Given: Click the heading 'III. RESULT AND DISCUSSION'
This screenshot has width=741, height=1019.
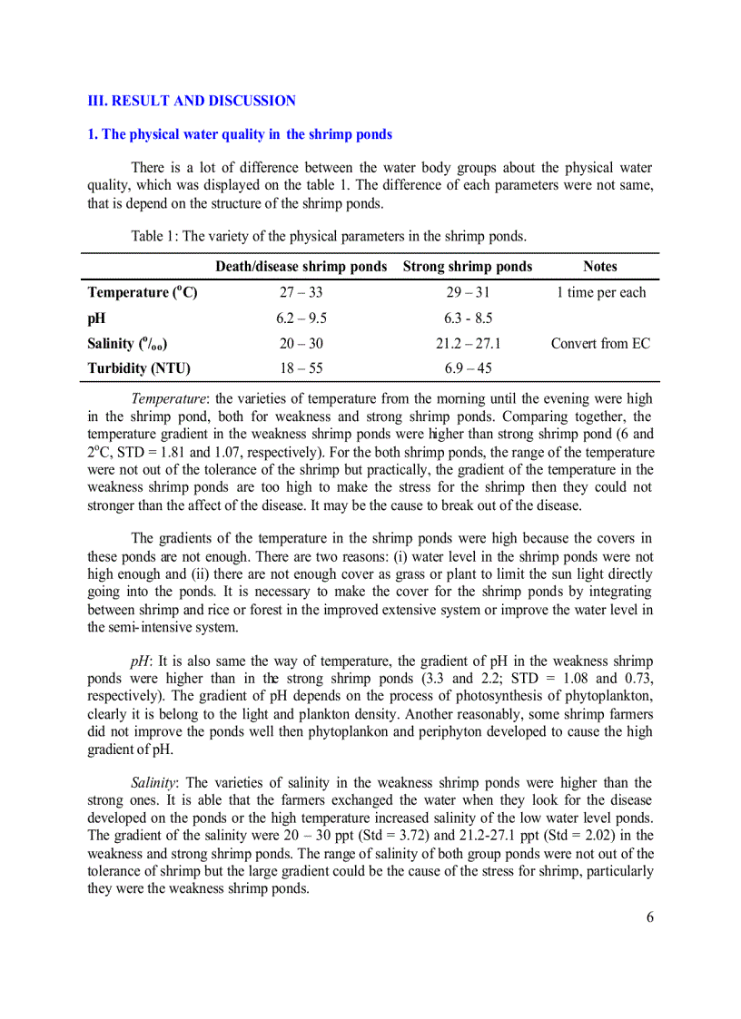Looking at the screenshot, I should coord(191,101).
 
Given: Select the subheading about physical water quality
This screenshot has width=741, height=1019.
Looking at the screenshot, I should coord(240,134).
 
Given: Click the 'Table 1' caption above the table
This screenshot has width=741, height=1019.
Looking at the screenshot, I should coord(328,236).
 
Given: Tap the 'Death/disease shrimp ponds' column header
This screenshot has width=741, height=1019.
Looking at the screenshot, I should coord(301,267).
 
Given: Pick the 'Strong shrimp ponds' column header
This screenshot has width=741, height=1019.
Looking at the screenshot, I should coord(468,267).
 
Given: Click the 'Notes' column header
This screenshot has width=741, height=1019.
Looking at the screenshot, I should coord(600,267).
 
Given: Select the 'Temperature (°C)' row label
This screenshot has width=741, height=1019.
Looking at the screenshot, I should coord(142,292).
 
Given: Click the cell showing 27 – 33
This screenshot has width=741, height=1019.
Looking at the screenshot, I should coord(301,292).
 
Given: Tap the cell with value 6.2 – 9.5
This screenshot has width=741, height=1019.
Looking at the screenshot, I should coord(301,318).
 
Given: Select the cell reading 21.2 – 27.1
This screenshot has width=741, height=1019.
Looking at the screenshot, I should coord(468,344).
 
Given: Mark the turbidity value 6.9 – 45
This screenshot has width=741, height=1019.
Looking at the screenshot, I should coord(468,369).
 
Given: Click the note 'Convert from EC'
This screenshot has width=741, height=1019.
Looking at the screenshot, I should coord(600,344).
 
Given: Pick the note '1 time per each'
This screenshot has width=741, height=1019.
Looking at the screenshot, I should coord(600,292).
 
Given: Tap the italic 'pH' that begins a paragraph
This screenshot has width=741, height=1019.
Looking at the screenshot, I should coord(141,661).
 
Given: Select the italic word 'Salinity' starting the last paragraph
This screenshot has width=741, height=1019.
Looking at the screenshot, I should coord(153,783).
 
